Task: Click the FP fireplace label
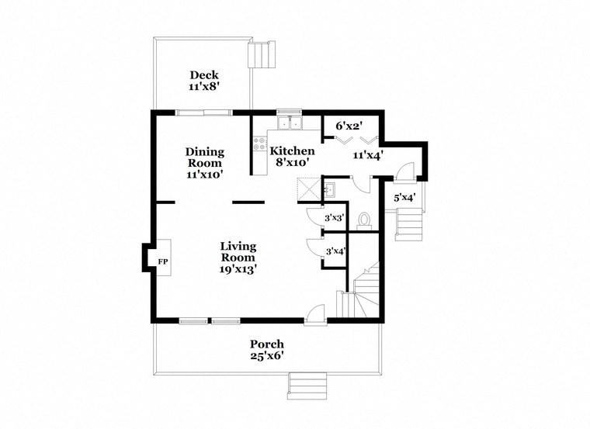point(163,262)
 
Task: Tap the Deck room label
point(203,75)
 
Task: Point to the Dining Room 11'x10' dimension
point(205,175)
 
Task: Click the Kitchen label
point(292,150)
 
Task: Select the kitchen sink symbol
point(290,123)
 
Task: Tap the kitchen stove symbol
point(259,145)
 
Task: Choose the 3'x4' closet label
point(335,251)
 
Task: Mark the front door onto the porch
point(314,314)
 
